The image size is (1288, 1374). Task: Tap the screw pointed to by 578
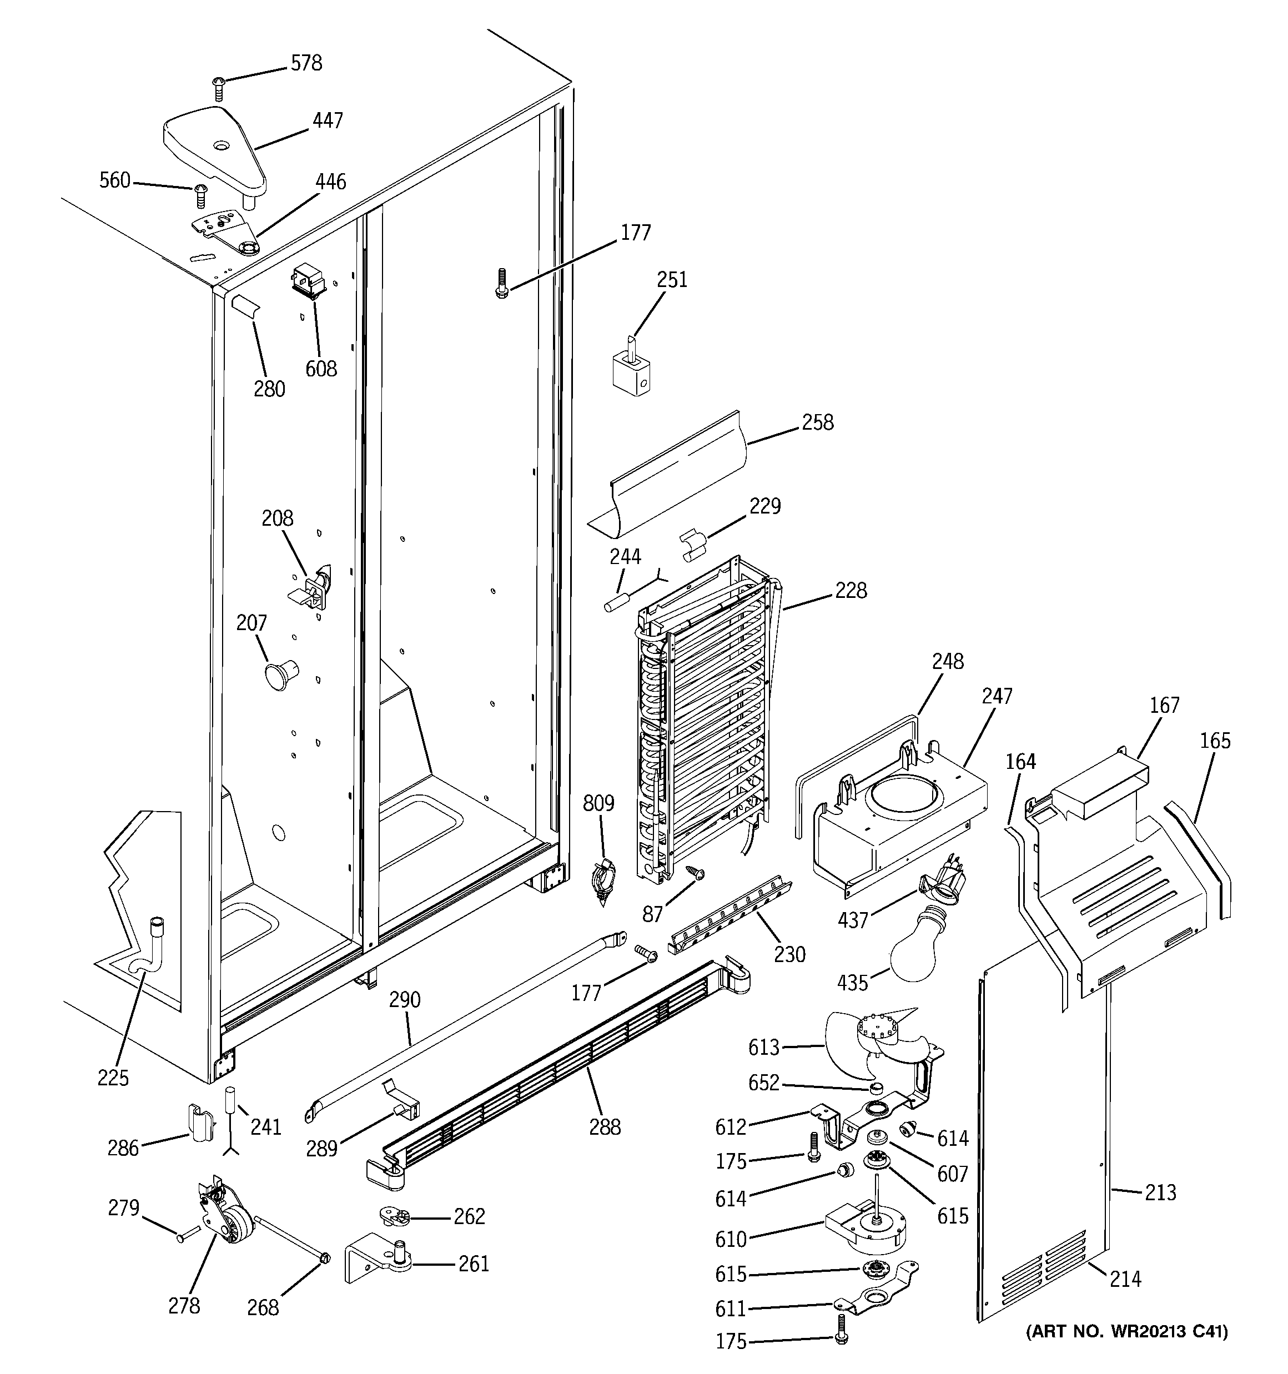(219, 88)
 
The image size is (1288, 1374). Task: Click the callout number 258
(817, 422)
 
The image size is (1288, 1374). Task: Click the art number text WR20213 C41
(1127, 1331)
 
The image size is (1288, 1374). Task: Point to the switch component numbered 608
(308, 280)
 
